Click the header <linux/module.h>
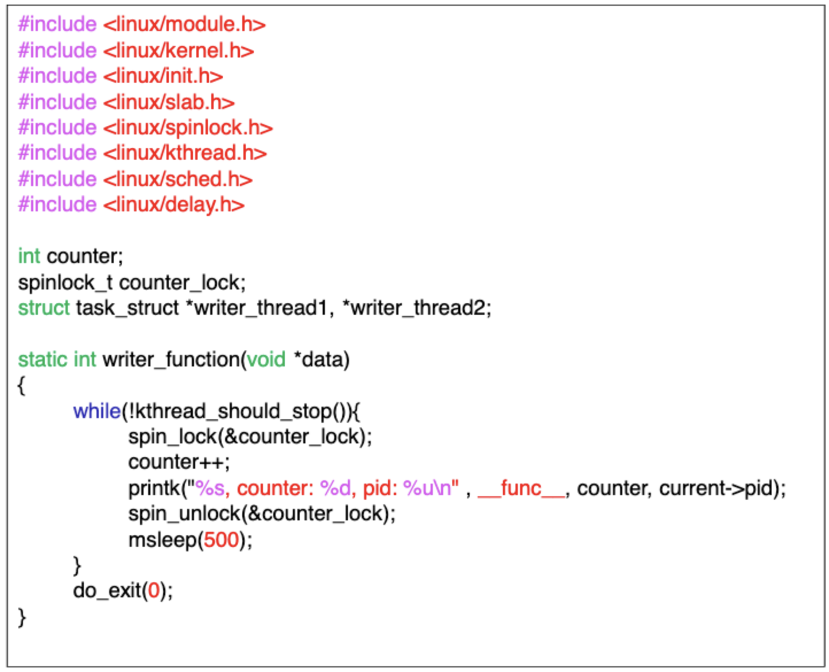coord(184,25)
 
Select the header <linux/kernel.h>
coord(179,51)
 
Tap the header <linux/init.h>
coord(163,76)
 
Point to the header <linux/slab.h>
coord(169,102)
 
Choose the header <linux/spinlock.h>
coord(188,128)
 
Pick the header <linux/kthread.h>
coord(185,153)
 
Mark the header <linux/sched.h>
coord(178,179)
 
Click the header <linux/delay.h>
coord(174,204)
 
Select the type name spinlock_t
coord(64,283)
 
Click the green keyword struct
coord(44,308)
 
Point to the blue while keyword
coord(96,411)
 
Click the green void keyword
coord(266,360)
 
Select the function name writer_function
coord(171,360)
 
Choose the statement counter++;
coord(179,462)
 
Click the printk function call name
coord(154,488)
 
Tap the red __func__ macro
coord(521,488)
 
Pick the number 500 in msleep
coord(221,540)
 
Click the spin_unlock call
coord(185,513)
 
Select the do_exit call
coord(107,590)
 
